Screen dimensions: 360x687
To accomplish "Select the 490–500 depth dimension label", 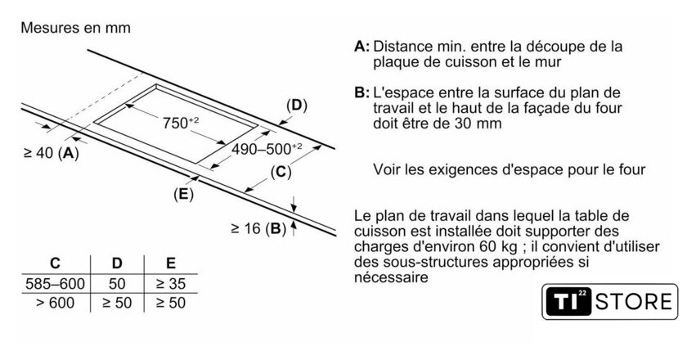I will coord(267,149).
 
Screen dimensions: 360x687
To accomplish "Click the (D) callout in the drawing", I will coord(295,105).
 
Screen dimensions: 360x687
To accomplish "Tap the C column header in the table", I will coord(55,263).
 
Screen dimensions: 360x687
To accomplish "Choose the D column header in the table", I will coord(116,263).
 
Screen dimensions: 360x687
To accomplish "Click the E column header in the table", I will coord(170,263).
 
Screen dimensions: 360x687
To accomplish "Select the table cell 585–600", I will coord(55,284).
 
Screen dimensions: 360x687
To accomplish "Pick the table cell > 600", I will coord(55,303).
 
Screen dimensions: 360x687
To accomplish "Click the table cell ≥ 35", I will coord(170,284).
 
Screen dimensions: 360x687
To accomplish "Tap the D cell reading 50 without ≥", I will coord(116,284).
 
